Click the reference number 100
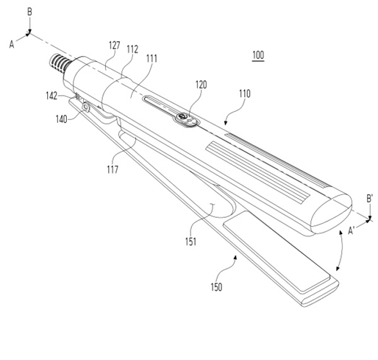coord(258,55)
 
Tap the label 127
coord(115,46)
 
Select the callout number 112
coord(132,49)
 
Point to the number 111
coord(151,59)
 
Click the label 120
coord(201,85)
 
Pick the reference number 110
coord(245,93)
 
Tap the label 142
coord(51,96)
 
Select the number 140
coord(61,119)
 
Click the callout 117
coord(113,169)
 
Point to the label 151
coord(190,241)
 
